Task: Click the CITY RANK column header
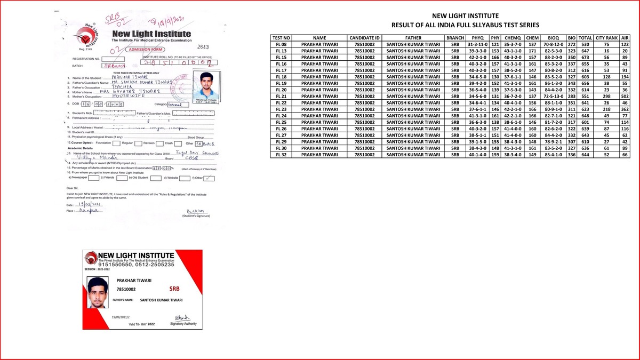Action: tap(606, 38)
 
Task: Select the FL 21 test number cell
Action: tap(281, 96)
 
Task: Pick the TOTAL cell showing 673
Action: tap(586, 57)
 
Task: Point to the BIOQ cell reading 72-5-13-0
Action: tap(549, 96)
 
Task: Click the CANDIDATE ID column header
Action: tap(365, 38)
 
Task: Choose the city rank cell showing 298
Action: tap(606, 96)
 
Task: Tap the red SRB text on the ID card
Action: tap(174, 289)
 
